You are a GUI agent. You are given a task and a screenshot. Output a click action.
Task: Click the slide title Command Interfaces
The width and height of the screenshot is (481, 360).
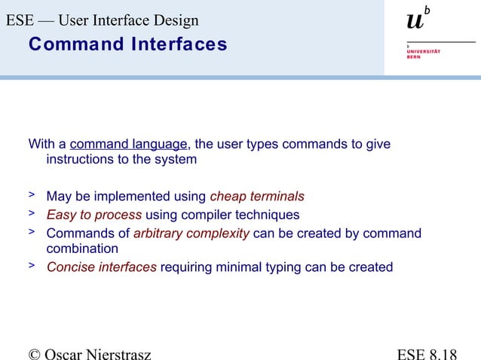127,44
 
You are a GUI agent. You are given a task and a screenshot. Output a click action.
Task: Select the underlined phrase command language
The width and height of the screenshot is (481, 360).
128,144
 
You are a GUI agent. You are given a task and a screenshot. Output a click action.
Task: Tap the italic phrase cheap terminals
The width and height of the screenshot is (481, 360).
257,197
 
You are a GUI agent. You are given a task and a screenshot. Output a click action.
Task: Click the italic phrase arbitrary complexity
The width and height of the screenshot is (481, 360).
191,233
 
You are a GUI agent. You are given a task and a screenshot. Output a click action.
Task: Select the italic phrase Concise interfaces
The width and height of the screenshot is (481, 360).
102,267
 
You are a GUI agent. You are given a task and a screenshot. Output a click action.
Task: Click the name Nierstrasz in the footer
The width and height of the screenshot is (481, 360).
114,352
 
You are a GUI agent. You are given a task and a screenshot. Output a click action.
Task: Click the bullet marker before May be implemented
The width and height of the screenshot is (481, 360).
32,196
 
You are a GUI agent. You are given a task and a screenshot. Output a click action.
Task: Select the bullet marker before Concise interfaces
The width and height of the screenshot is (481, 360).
32,266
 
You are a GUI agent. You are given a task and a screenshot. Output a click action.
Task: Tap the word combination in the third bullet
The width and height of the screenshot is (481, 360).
82,249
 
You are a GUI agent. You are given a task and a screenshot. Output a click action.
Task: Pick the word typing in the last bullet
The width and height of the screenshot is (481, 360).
283,267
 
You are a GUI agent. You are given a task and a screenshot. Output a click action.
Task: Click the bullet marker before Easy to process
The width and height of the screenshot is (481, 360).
32,214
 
